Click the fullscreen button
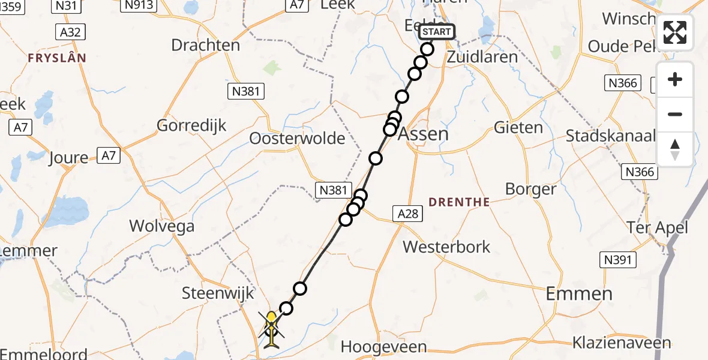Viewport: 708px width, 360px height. click(675, 32)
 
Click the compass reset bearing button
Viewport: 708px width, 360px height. click(675, 149)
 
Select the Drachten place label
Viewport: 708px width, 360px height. click(205, 45)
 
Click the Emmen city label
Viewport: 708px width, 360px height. click(579, 293)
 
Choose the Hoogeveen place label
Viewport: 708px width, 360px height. click(383, 347)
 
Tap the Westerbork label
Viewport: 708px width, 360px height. click(446, 247)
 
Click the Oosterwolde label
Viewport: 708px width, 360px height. click(298, 139)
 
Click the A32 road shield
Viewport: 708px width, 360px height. click(71, 32)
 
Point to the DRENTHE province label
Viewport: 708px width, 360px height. click(460, 202)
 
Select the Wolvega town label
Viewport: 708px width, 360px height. click(162, 226)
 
